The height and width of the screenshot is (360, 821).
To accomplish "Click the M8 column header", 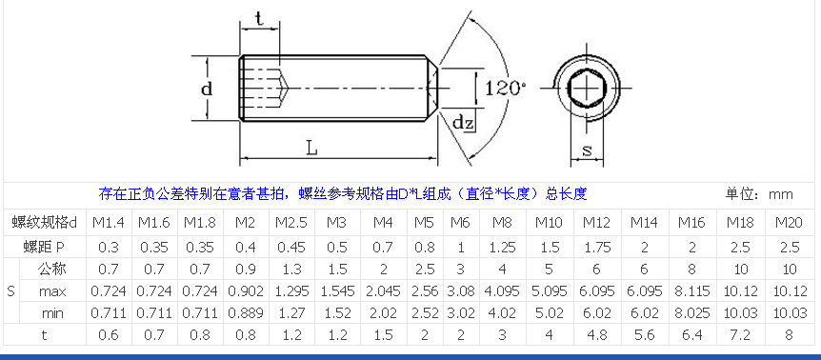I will [x=501, y=223].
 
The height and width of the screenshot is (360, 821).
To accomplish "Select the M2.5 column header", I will [x=290, y=223].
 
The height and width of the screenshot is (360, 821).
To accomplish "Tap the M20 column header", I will [x=789, y=223].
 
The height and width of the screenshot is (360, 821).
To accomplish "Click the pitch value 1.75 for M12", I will [x=597, y=246].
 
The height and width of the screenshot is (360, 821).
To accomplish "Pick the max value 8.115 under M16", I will [x=692, y=290].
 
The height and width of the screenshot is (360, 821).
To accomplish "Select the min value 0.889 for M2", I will [x=245, y=311].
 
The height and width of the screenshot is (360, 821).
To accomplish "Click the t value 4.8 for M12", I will [x=597, y=333].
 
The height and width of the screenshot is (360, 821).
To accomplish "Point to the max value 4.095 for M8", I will [x=501, y=290].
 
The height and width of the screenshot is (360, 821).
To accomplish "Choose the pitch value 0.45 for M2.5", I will [x=290, y=246].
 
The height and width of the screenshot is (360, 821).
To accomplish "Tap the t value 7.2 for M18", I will [x=740, y=333].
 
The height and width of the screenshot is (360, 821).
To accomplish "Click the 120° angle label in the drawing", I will [x=505, y=88].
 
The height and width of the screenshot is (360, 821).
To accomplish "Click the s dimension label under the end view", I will [x=587, y=150].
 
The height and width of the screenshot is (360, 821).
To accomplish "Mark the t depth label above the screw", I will [x=259, y=16].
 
